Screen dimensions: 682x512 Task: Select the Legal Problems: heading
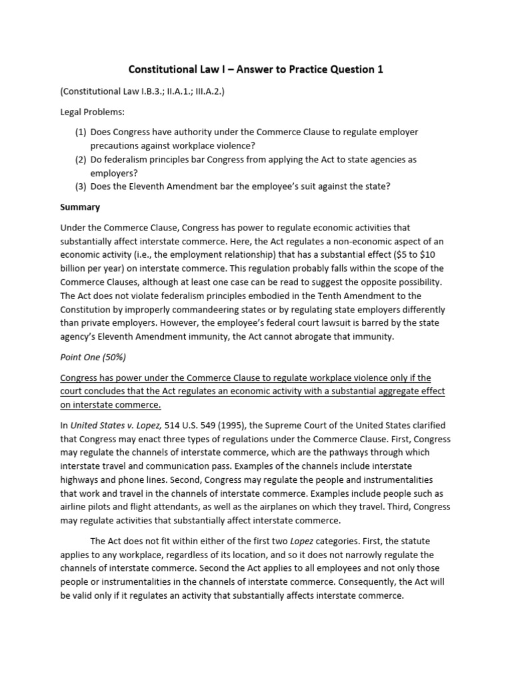click(91, 112)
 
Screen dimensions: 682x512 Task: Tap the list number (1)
click(80, 132)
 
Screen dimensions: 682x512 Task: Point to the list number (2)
click(80, 160)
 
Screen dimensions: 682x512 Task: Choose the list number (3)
click(80, 186)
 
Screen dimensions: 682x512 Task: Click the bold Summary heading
click(80, 207)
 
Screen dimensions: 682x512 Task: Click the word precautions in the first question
click(117, 145)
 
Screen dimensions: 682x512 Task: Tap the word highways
click(81, 480)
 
